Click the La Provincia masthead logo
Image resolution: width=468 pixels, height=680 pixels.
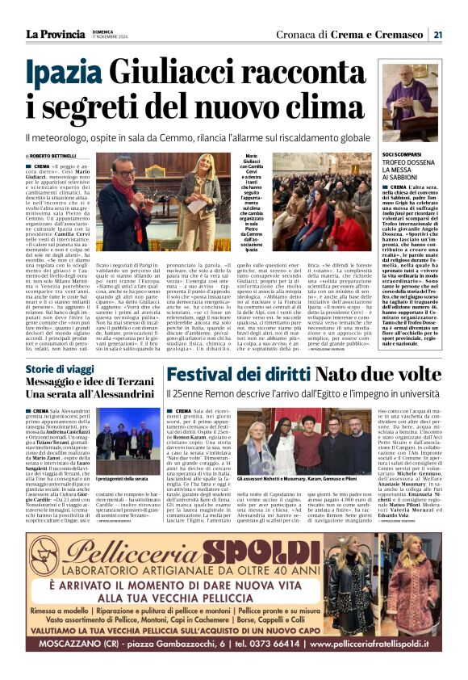pyautogui.click(x=55, y=34)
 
